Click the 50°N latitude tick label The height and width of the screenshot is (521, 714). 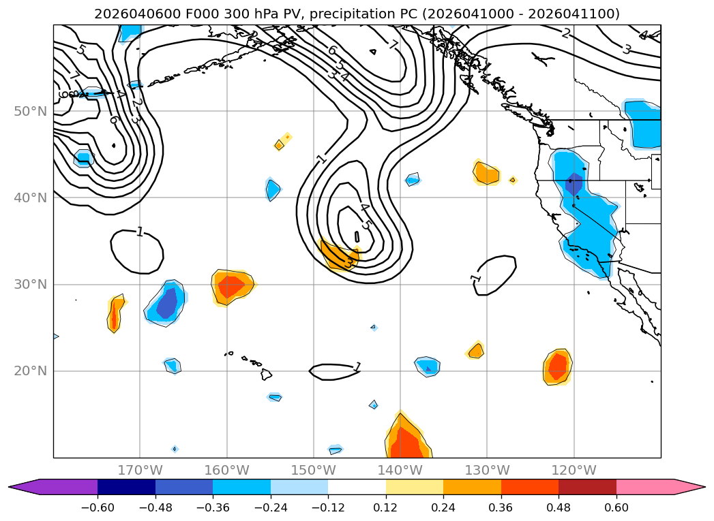(30, 111)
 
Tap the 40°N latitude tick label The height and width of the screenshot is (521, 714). (30, 198)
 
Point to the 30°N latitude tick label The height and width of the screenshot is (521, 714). (30, 284)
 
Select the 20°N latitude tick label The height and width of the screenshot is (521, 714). (30, 371)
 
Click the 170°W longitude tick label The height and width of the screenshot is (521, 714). (140, 470)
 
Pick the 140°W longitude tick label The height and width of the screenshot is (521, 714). (400, 470)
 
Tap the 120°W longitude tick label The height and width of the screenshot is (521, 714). (574, 470)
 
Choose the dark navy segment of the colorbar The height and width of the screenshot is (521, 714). (126, 486)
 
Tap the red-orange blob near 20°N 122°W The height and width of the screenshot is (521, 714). (557, 367)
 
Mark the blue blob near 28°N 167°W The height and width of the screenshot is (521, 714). (166, 303)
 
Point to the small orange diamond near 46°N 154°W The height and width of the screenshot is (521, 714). (279, 144)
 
